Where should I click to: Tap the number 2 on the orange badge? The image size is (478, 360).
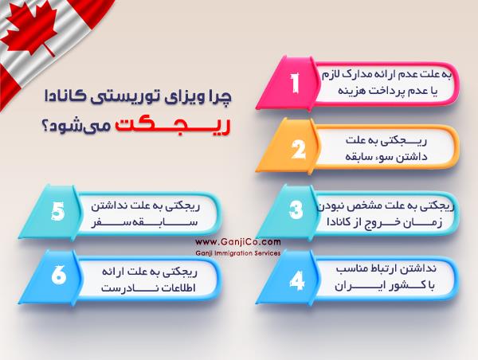click(296, 148)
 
